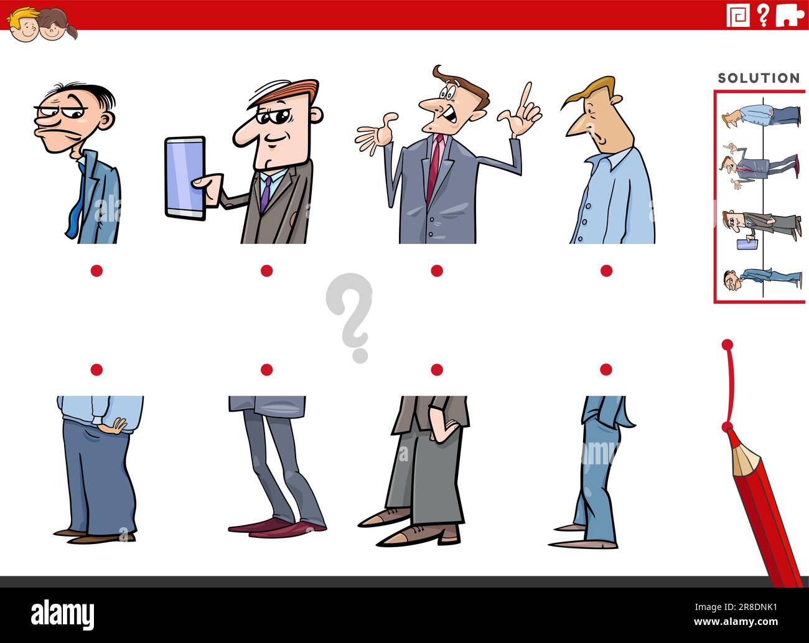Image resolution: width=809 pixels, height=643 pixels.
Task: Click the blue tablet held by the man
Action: [x=185, y=178]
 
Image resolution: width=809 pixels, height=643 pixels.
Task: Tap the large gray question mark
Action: [x=350, y=314]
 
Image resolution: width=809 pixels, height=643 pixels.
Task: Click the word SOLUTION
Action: [x=759, y=78]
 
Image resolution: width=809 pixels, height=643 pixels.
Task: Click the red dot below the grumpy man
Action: [x=96, y=270]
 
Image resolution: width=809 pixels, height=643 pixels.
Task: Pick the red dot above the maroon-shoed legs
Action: [x=266, y=370]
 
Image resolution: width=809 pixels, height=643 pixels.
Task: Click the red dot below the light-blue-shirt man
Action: [x=606, y=270]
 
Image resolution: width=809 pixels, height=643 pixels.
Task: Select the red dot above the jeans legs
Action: [x=606, y=370]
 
